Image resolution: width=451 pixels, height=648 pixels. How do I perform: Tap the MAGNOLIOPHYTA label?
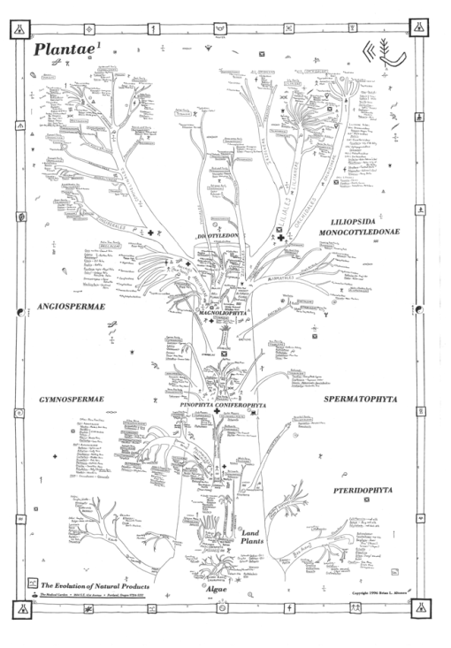point(221,313)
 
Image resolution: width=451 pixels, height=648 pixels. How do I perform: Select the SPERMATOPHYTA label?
point(360,400)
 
